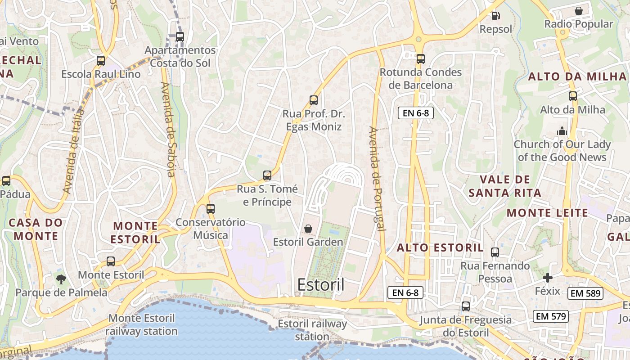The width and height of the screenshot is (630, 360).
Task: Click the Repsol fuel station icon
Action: (x=495, y=16)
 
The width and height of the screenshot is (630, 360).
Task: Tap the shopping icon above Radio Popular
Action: (x=579, y=10)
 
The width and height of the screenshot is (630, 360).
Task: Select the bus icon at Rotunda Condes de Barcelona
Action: (x=420, y=58)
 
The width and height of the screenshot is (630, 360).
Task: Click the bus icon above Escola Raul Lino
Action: (x=101, y=60)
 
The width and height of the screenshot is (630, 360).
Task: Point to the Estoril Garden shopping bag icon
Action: (x=308, y=229)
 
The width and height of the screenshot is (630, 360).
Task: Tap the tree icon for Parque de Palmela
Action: (x=61, y=279)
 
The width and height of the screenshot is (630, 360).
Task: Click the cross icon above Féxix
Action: (x=547, y=277)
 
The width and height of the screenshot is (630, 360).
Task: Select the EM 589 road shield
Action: (x=585, y=293)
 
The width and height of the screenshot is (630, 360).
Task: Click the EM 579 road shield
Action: (x=551, y=316)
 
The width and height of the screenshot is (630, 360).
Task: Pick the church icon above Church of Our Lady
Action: (x=562, y=131)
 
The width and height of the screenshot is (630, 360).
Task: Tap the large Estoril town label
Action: (x=321, y=285)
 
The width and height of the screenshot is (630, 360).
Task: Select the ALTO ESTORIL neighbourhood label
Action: (x=440, y=247)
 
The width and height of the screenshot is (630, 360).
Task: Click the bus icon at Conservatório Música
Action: (x=210, y=208)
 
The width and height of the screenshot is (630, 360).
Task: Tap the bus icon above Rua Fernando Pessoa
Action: (x=495, y=252)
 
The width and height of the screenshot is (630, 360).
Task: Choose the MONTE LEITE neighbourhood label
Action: (x=547, y=213)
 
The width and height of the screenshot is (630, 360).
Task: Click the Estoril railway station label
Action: (x=312, y=330)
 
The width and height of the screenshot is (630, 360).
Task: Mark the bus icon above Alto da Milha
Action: (x=572, y=96)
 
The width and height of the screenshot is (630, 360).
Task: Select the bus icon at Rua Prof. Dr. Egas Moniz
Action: (x=313, y=100)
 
